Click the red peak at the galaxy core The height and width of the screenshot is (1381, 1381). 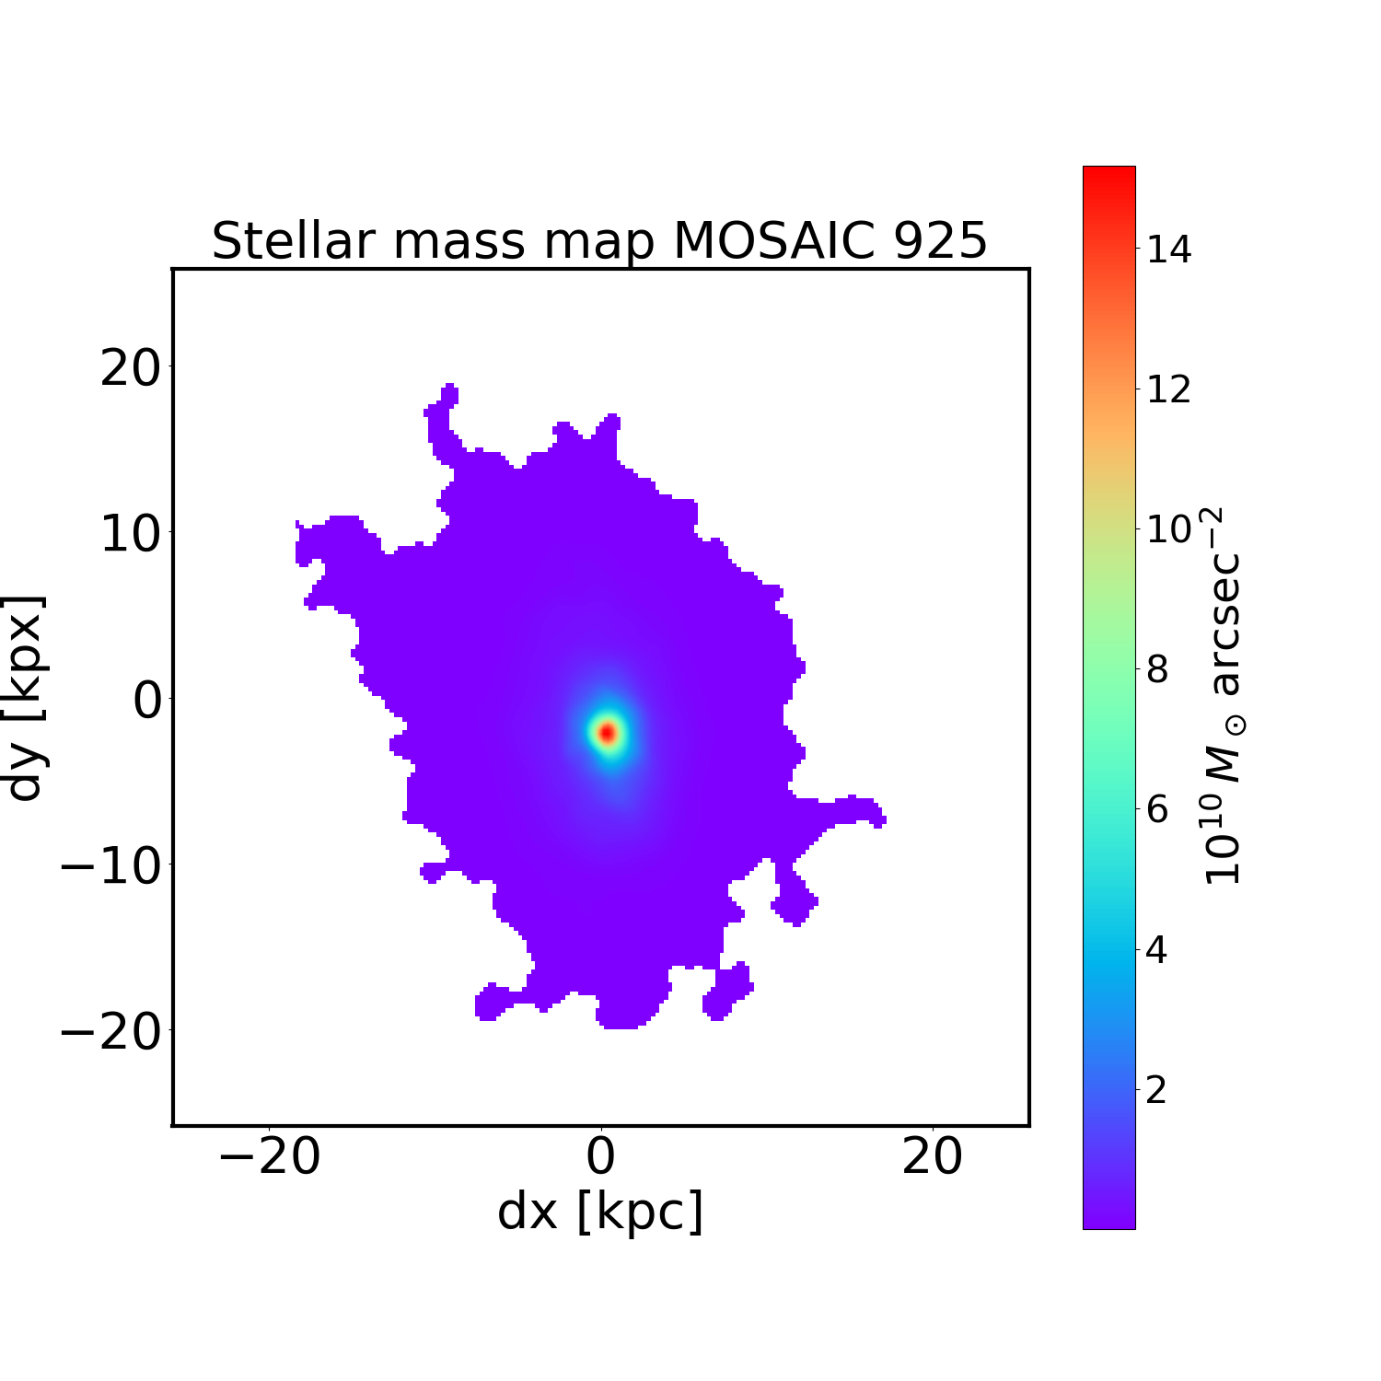[x=607, y=733]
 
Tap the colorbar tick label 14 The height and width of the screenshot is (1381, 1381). [x=1167, y=250]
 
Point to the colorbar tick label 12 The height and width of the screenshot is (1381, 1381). [x=1167, y=389]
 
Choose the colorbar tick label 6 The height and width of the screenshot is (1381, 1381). [x=1157, y=810]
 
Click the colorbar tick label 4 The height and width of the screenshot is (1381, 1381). [x=1157, y=950]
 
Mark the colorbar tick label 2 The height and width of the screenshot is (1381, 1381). [x=1157, y=1091]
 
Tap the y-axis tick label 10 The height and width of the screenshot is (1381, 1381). [x=129, y=534]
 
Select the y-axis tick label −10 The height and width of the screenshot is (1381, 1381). [x=110, y=867]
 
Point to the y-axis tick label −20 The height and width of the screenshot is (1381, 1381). [x=110, y=1033]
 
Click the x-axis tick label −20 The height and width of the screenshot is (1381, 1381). [x=269, y=1157]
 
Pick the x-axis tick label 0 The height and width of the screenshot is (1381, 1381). [x=600, y=1157]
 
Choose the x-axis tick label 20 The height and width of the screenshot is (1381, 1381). [x=933, y=1157]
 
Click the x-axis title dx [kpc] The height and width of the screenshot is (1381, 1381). [x=600, y=1213]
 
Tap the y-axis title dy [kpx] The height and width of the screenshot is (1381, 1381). [x=26, y=697]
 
